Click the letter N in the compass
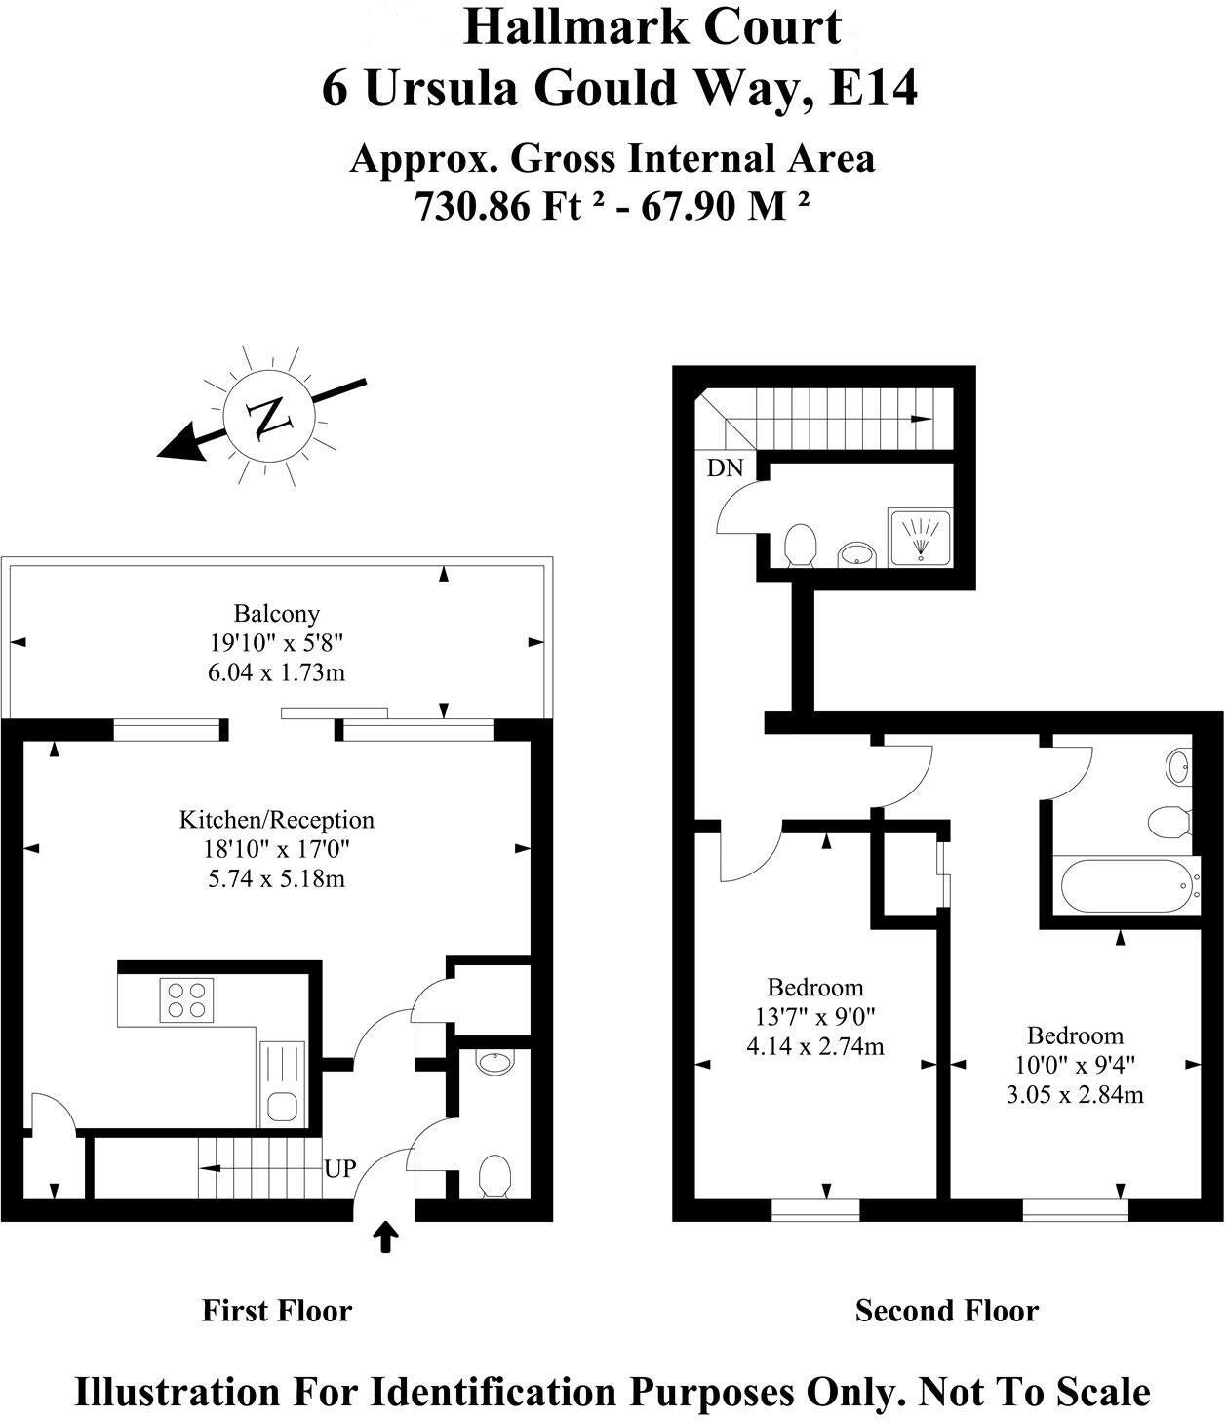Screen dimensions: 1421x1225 [x=268, y=418]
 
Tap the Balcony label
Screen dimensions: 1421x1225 [x=276, y=614]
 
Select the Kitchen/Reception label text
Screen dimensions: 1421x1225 [x=276, y=820]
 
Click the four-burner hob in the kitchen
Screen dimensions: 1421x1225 [x=188, y=999]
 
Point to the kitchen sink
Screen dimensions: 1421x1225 [x=283, y=1105]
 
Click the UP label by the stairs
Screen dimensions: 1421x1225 [x=340, y=1168]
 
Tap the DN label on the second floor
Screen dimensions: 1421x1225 [x=725, y=468]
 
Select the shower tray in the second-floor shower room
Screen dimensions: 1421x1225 [x=918, y=536]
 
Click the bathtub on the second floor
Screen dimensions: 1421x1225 [x=1126, y=886]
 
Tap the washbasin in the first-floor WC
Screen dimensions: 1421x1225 [x=495, y=1062]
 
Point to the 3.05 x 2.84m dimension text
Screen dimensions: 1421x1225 [x=1075, y=1095]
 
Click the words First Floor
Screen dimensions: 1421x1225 [x=276, y=1310]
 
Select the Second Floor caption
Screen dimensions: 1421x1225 [x=946, y=1310]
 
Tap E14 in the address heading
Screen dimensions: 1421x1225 [x=874, y=89]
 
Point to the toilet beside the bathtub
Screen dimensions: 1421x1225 [x=1168, y=822]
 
